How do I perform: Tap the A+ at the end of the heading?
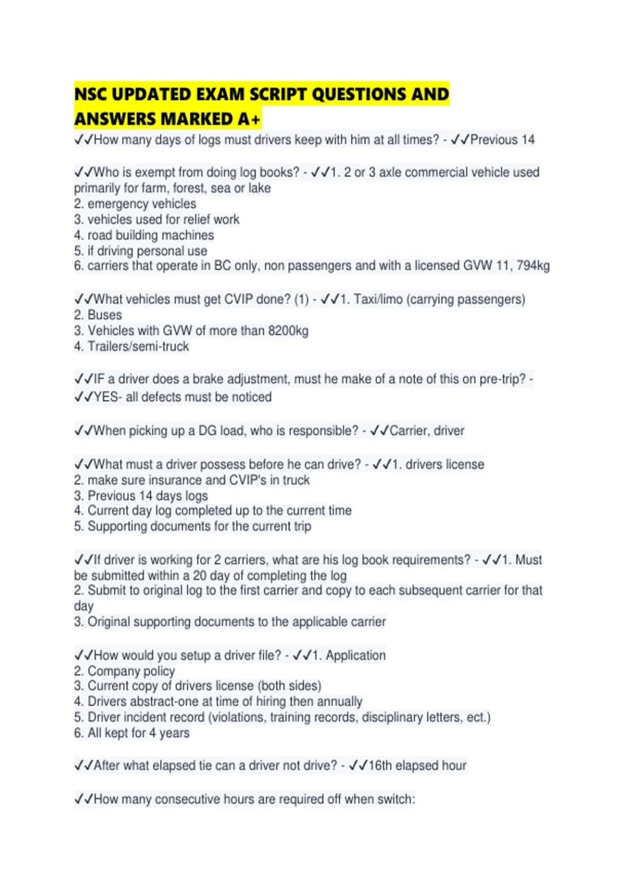(x=249, y=119)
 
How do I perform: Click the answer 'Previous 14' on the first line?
(x=502, y=140)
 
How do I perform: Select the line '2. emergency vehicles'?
(x=135, y=204)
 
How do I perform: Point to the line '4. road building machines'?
(x=144, y=235)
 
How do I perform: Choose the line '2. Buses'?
(x=98, y=315)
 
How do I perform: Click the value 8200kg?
(x=288, y=331)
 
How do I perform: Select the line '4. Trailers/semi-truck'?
(x=131, y=347)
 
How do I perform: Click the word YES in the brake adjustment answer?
(x=106, y=397)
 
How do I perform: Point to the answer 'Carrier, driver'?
(x=427, y=431)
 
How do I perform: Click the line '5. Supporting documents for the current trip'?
(x=193, y=526)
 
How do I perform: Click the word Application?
(x=355, y=655)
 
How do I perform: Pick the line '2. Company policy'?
(x=125, y=671)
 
